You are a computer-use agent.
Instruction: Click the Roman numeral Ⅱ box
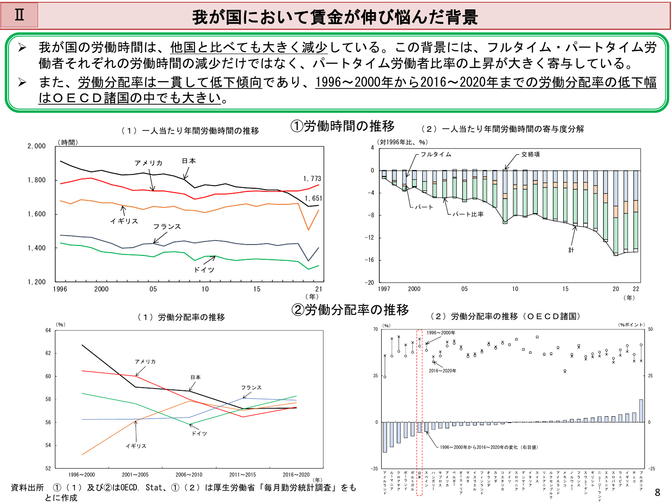click(x=19, y=15)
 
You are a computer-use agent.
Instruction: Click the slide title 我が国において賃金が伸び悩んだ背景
click(x=335, y=17)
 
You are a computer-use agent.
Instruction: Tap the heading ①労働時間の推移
click(x=343, y=126)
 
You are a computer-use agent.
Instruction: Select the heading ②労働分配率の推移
click(x=350, y=309)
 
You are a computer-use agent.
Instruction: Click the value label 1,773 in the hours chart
click(x=312, y=179)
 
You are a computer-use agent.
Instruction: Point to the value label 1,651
click(x=313, y=199)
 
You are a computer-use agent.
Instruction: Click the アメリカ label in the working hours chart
click(x=149, y=163)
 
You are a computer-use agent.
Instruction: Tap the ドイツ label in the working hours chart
click(x=204, y=270)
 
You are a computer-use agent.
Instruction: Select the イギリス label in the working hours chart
click(x=124, y=221)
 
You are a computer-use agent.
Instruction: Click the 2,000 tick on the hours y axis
click(x=37, y=146)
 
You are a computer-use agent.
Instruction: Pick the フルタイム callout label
click(x=436, y=154)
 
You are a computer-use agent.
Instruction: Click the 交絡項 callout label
click(x=531, y=154)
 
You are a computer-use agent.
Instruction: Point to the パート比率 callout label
click(x=468, y=214)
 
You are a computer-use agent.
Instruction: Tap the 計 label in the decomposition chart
click(x=571, y=250)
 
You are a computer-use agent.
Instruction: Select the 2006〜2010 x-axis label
click(x=189, y=475)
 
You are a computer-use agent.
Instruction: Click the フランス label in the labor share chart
click(x=251, y=388)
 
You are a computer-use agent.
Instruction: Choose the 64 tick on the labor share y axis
click(x=48, y=330)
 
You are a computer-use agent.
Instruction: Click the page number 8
click(x=657, y=493)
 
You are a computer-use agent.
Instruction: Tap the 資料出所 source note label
click(x=27, y=488)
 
